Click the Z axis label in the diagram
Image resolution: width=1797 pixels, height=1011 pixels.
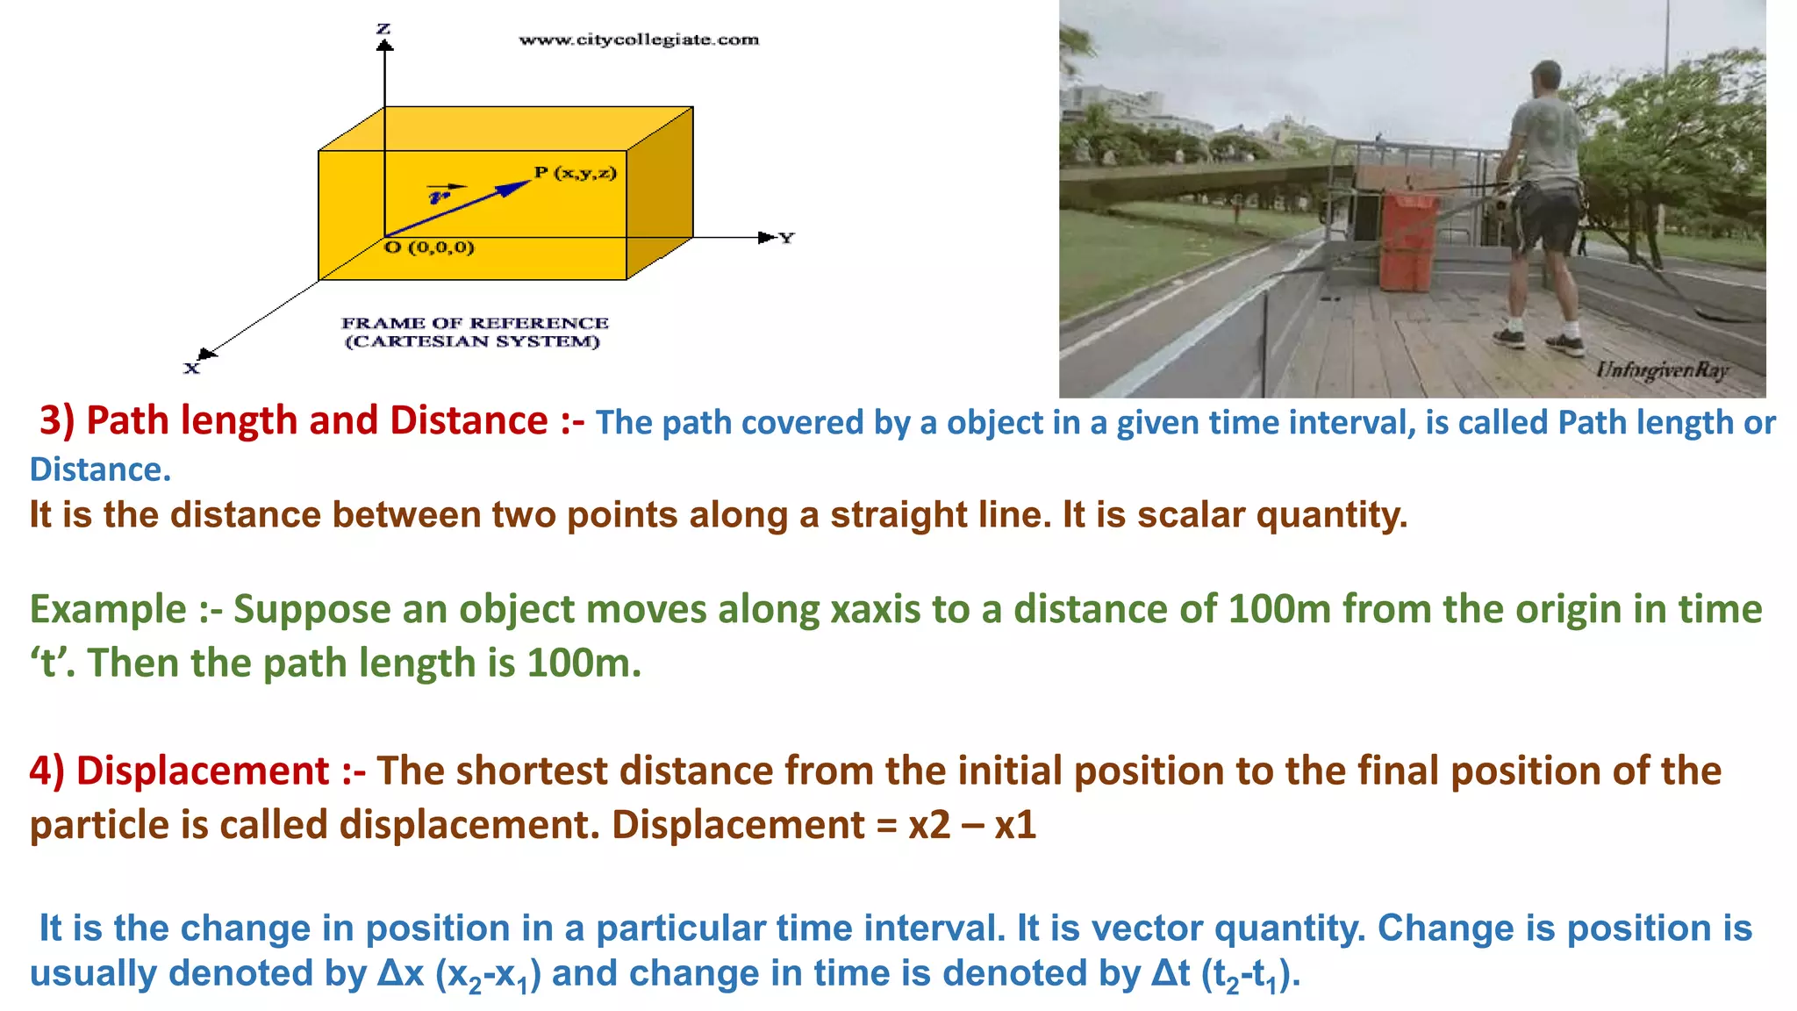[x=383, y=29]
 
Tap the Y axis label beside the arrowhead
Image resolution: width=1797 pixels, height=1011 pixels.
[x=786, y=238]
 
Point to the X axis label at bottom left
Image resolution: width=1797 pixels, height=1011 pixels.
[x=191, y=369]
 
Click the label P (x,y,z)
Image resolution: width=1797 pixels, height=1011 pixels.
[x=576, y=173]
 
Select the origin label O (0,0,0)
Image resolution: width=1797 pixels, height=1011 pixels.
[x=430, y=247]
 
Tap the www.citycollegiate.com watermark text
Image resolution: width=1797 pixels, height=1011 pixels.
[x=639, y=39]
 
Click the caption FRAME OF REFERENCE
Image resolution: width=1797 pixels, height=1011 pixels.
[x=475, y=323]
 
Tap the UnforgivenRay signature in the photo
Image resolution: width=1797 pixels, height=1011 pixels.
[x=1662, y=369]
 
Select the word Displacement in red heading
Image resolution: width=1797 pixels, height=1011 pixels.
[x=203, y=771]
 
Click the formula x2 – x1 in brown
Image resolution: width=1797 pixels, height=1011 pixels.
[x=972, y=825]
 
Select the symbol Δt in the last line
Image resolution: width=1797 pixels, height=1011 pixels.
[x=1171, y=973]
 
